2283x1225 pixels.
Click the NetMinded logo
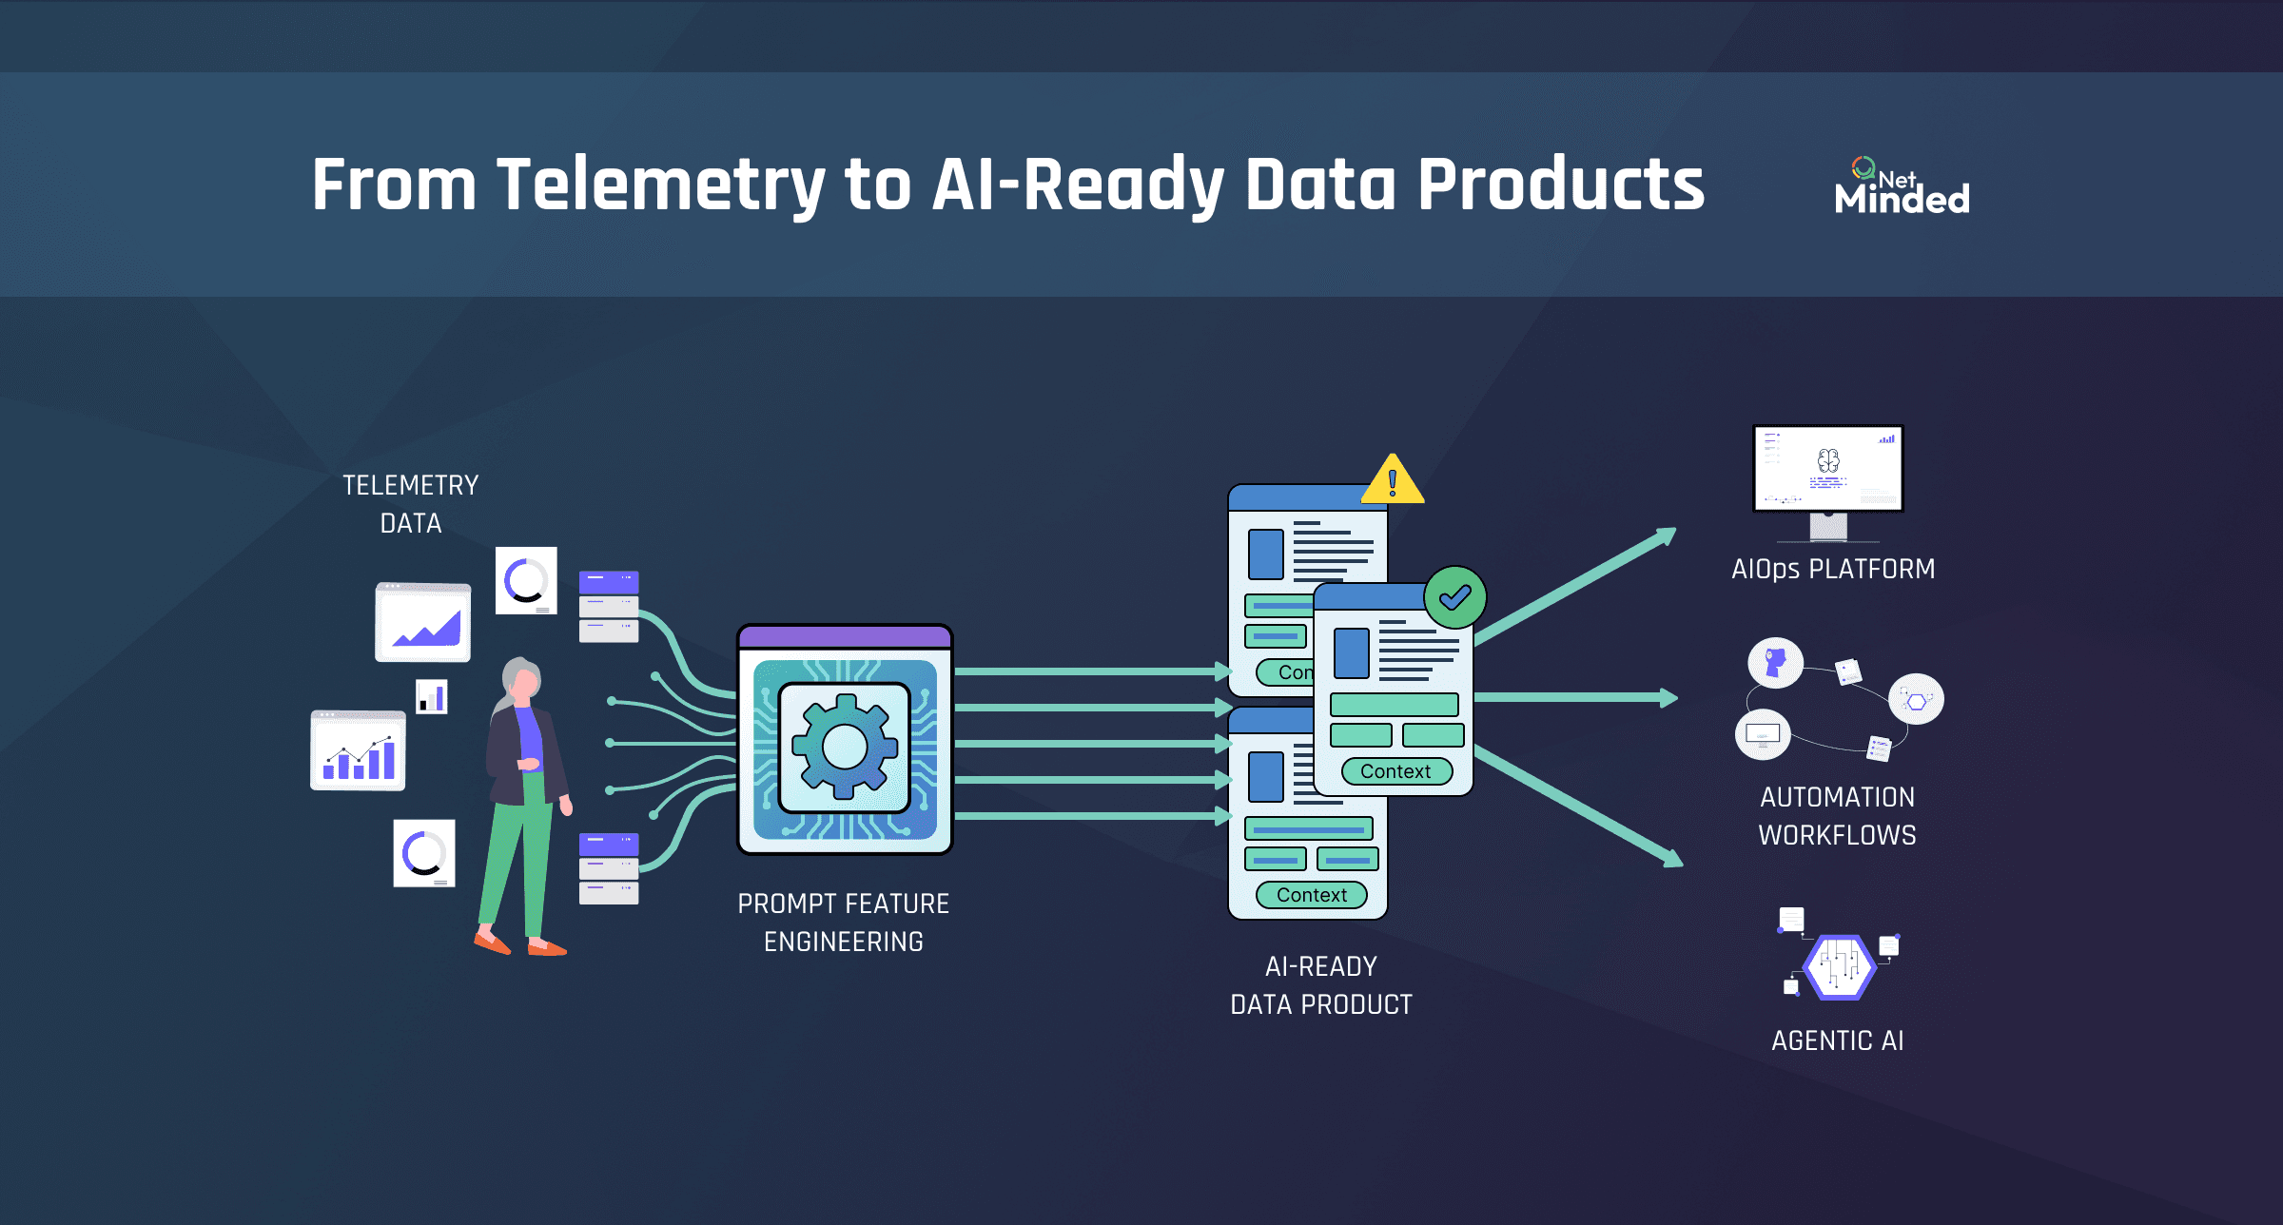coord(1901,186)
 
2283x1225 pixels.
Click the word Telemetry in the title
coord(660,185)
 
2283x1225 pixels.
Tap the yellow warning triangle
coord(1393,481)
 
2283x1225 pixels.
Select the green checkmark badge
coord(1454,597)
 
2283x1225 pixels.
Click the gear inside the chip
coord(845,746)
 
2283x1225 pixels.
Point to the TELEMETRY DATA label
coord(411,504)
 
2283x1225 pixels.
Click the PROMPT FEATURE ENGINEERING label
coord(844,922)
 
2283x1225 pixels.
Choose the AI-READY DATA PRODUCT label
coord(1321,985)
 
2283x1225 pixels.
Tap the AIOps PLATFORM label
coord(1833,569)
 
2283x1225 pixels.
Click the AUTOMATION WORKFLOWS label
coord(1837,816)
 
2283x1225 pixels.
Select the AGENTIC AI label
coord(1838,1040)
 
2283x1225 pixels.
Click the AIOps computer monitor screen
coord(1828,468)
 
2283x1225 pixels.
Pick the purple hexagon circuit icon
coord(1840,966)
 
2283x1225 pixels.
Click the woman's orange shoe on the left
coord(492,943)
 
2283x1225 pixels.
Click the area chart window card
coord(423,623)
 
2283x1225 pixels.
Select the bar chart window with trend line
coord(358,751)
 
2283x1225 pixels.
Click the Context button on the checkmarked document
coord(1395,771)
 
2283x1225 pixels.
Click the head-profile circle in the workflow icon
coord(1775,662)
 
